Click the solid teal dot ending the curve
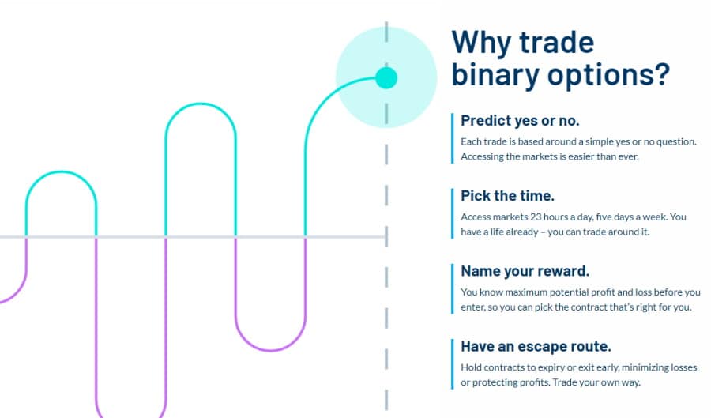tap(386, 77)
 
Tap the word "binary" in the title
tap(495, 75)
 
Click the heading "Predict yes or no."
tap(520, 121)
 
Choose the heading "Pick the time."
tap(507, 196)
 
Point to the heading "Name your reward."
tap(525, 271)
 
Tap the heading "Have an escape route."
tap(536, 346)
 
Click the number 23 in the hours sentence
tap(536, 217)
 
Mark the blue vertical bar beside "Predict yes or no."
tap(452, 138)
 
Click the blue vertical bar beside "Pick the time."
tap(452, 213)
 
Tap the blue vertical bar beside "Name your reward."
tap(452, 288)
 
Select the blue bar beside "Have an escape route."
tap(452, 364)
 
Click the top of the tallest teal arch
tap(201, 104)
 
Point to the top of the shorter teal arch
tap(61, 171)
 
